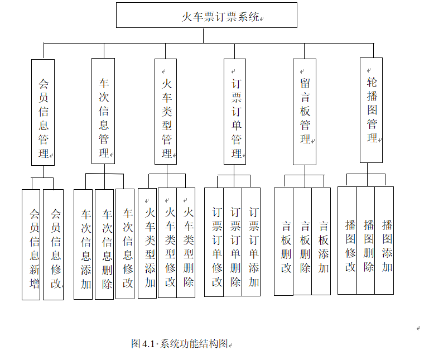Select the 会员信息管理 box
tap(43, 112)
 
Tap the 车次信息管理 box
tap(103, 111)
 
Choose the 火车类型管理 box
tap(166, 114)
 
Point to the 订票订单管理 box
tap(235, 112)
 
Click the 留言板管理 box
tap(305, 112)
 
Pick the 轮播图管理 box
tap(372, 109)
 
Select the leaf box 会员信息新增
tap(31, 244)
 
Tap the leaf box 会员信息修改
tap(54, 244)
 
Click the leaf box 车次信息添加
tap(83, 244)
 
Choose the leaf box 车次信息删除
tap(104, 244)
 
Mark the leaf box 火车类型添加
tap(147, 243)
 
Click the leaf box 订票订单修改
tap(214, 242)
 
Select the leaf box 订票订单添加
tap(252, 242)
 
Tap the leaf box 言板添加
tap(321, 241)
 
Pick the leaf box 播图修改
tap(348, 240)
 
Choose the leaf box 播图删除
tap(366, 240)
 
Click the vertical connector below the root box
tap(203, 35)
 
